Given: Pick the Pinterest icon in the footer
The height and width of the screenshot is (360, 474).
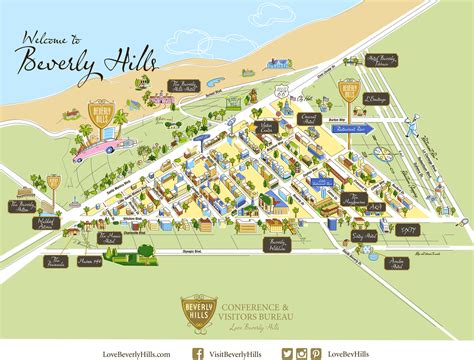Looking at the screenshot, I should coord(315,353).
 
